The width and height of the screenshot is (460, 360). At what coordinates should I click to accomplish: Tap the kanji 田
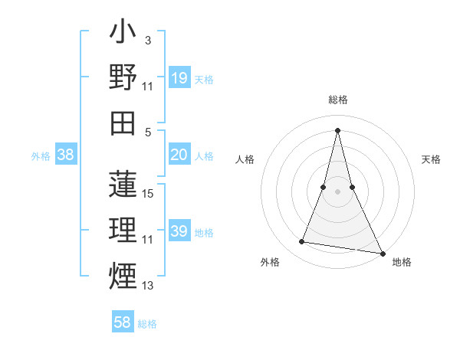[123, 123]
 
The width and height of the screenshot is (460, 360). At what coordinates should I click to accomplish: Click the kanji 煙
[123, 274]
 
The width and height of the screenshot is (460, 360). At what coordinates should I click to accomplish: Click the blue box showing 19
[179, 77]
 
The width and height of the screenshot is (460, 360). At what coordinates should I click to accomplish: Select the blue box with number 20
[179, 155]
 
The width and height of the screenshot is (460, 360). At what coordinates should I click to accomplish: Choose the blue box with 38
[66, 155]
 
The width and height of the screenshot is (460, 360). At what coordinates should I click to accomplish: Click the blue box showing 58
[123, 322]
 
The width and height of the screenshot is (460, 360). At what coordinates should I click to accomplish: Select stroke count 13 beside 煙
[149, 286]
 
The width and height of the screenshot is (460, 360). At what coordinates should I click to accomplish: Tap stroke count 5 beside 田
[147, 131]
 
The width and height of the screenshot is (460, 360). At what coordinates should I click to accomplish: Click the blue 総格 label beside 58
[147, 324]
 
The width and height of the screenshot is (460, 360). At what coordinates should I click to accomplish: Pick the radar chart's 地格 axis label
[402, 263]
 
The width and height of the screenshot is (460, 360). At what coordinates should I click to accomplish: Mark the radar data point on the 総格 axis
[337, 129]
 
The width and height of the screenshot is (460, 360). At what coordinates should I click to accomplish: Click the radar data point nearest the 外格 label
[302, 242]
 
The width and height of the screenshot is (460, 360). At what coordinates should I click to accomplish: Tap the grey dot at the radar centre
[337, 191]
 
